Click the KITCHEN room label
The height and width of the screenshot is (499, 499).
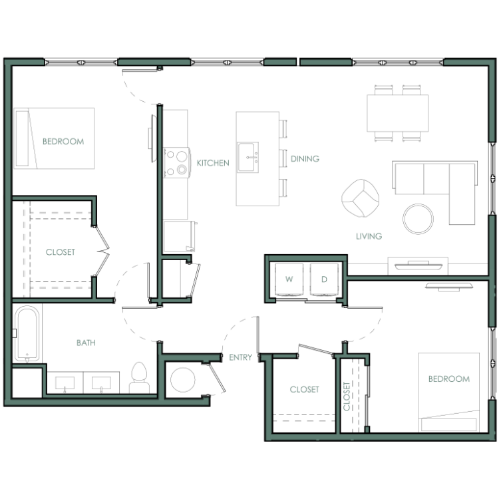click(213, 163)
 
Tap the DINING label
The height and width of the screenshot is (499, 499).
click(305, 158)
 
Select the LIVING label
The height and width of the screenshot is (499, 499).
click(369, 236)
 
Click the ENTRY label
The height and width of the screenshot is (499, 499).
click(241, 357)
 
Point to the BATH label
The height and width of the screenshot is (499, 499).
click(86, 343)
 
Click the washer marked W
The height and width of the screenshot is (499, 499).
click(289, 279)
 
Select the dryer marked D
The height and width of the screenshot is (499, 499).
click(324, 279)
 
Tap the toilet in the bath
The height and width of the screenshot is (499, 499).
click(140, 377)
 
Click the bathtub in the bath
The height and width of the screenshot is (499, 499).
click(27, 333)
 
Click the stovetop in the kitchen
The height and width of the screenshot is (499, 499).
click(176, 162)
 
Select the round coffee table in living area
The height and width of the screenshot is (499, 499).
click(418, 219)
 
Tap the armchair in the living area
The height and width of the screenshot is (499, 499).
click(360, 198)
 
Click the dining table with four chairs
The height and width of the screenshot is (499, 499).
click(397, 113)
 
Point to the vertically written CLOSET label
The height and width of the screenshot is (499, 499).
click(347, 397)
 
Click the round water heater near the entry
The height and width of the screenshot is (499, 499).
click(183, 380)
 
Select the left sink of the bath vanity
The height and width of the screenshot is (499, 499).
click(65, 383)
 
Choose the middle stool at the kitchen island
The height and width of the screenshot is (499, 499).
click(283, 158)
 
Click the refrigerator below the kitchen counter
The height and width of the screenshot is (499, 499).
click(179, 236)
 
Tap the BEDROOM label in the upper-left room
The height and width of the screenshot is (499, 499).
click(63, 141)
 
